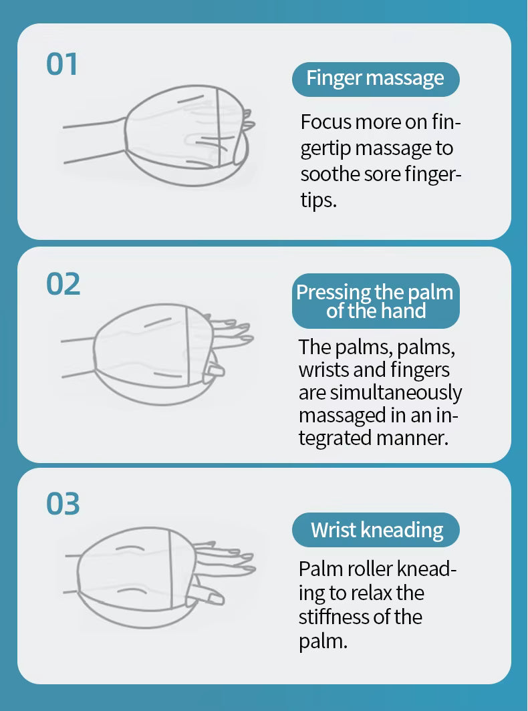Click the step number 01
[x=62, y=65]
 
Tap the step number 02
[x=63, y=284]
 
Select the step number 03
[x=63, y=504]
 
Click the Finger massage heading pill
[x=376, y=79]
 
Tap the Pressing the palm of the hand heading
[x=376, y=301]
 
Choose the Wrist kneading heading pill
[x=376, y=530]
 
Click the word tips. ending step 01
[x=317, y=200]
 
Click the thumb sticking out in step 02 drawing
[x=215, y=370]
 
